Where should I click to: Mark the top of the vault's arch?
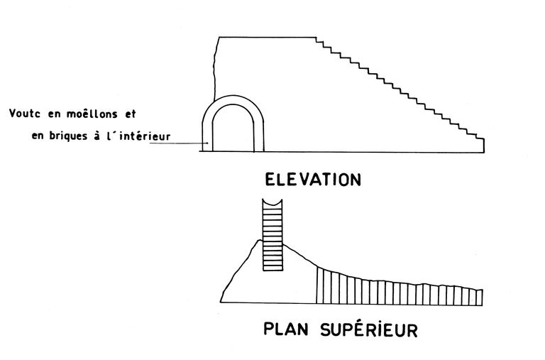(x=233, y=98)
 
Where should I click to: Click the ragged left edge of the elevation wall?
(x=215, y=71)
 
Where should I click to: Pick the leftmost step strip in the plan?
(x=319, y=285)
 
